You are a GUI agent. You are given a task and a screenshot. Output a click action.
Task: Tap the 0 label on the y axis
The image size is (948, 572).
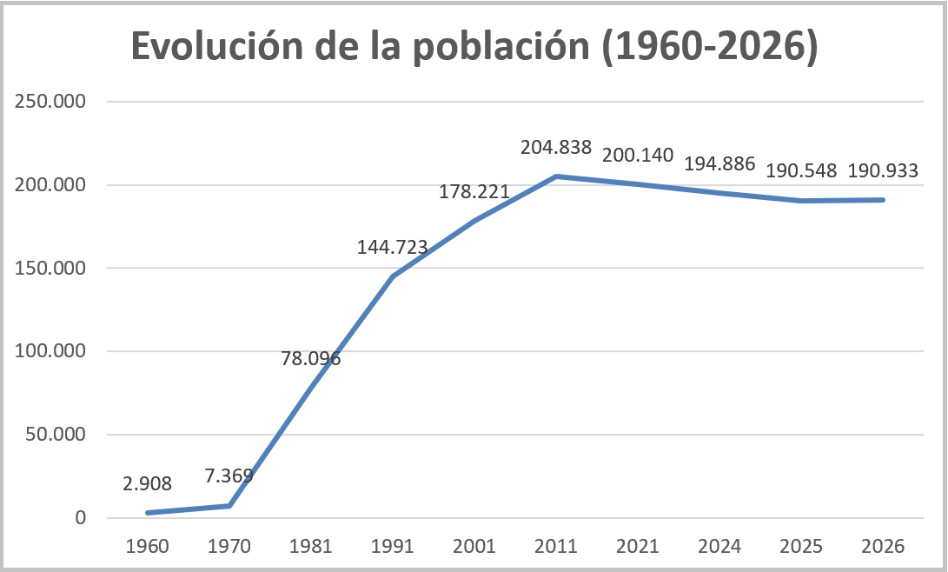[x=81, y=518]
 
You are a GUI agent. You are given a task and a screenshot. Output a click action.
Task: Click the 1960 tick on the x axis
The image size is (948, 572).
[x=148, y=547]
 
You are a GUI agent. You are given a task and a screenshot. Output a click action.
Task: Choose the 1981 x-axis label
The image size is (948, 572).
[x=311, y=547]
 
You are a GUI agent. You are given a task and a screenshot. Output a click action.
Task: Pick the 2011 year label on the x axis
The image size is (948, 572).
[x=556, y=547]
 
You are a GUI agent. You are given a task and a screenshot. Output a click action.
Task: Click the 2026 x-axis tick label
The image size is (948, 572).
[x=883, y=547]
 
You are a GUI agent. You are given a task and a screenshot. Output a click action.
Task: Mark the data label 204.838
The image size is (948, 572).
[x=556, y=148]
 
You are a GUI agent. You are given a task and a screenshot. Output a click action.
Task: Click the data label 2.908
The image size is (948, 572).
[x=148, y=483]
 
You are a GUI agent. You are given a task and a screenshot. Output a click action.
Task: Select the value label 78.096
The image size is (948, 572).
[x=311, y=357]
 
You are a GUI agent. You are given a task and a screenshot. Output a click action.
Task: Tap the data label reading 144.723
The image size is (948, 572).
[x=393, y=247]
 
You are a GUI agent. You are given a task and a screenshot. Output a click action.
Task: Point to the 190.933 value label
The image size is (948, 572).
[x=883, y=171]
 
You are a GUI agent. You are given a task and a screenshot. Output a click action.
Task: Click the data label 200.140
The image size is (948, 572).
[x=638, y=156]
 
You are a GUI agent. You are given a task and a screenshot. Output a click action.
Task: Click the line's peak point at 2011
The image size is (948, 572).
[x=556, y=176]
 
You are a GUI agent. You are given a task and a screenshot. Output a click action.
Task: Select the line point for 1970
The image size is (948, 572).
[x=229, y=506]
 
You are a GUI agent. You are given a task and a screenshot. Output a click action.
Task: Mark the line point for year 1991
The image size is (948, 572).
[x=393, y=276]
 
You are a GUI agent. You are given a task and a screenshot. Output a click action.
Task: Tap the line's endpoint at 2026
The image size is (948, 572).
[x=883, y=200]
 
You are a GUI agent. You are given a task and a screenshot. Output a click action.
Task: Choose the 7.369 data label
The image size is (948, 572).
[x=229, y=476]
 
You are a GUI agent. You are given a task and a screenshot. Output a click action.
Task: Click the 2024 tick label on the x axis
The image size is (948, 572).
[x=719, y=547]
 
